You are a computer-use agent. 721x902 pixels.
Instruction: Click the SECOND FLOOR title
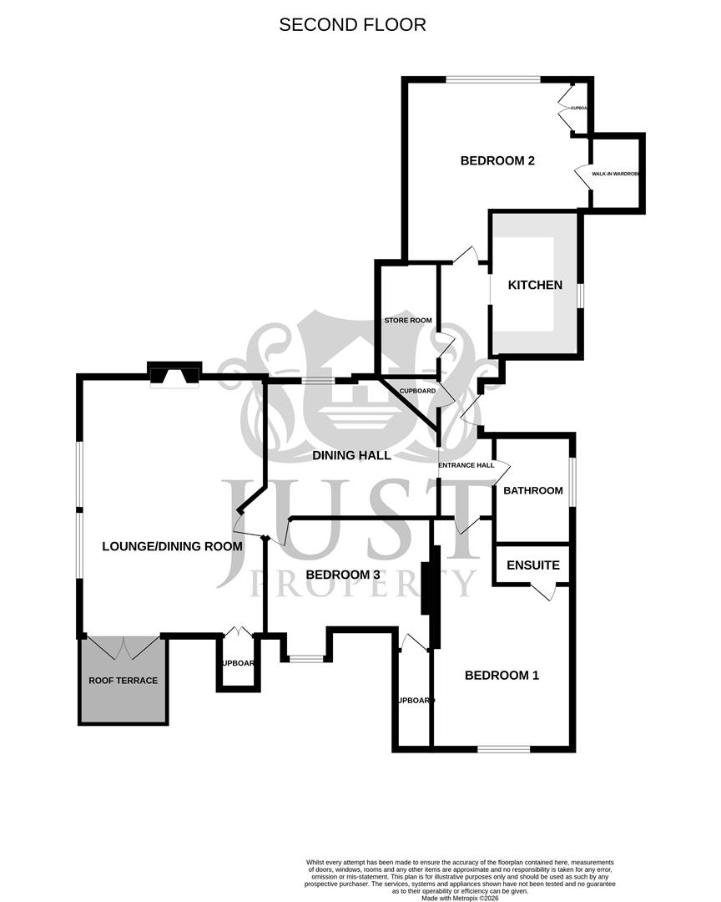click(x=352, y=25)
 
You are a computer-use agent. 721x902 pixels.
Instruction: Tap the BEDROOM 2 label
click(x=497, y=161)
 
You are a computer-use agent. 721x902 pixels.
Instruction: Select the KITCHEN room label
click(x=536, y=285)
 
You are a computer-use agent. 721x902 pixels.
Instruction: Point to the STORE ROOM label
click(x=408, y=320)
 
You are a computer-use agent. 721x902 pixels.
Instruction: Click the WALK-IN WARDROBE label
click(x=616, y=174)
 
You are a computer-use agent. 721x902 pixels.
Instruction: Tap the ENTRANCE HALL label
click(x=466, y=465)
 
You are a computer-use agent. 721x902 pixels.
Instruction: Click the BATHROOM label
click(x=532, y=490)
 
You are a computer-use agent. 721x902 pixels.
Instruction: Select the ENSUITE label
click(x=533, y=565)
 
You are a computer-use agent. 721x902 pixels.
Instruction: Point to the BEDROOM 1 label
click(x=502, y=675)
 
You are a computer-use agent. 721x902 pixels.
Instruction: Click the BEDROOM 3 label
click(x=343, y=575)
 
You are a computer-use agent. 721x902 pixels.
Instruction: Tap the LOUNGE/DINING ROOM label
click(x=172, y=546)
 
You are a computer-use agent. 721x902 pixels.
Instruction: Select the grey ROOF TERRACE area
click(x=123, y=680)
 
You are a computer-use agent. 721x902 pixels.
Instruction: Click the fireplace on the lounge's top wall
click(x=174, y=376)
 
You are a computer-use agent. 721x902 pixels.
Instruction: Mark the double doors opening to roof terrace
click(x=124, y=646)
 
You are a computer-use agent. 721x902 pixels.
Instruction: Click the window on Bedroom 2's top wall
click(x=492, y=80)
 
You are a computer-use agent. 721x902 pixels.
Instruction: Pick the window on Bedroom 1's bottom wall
click(x=504, y=748)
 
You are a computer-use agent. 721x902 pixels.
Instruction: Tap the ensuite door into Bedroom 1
click(x=543, y=592)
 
